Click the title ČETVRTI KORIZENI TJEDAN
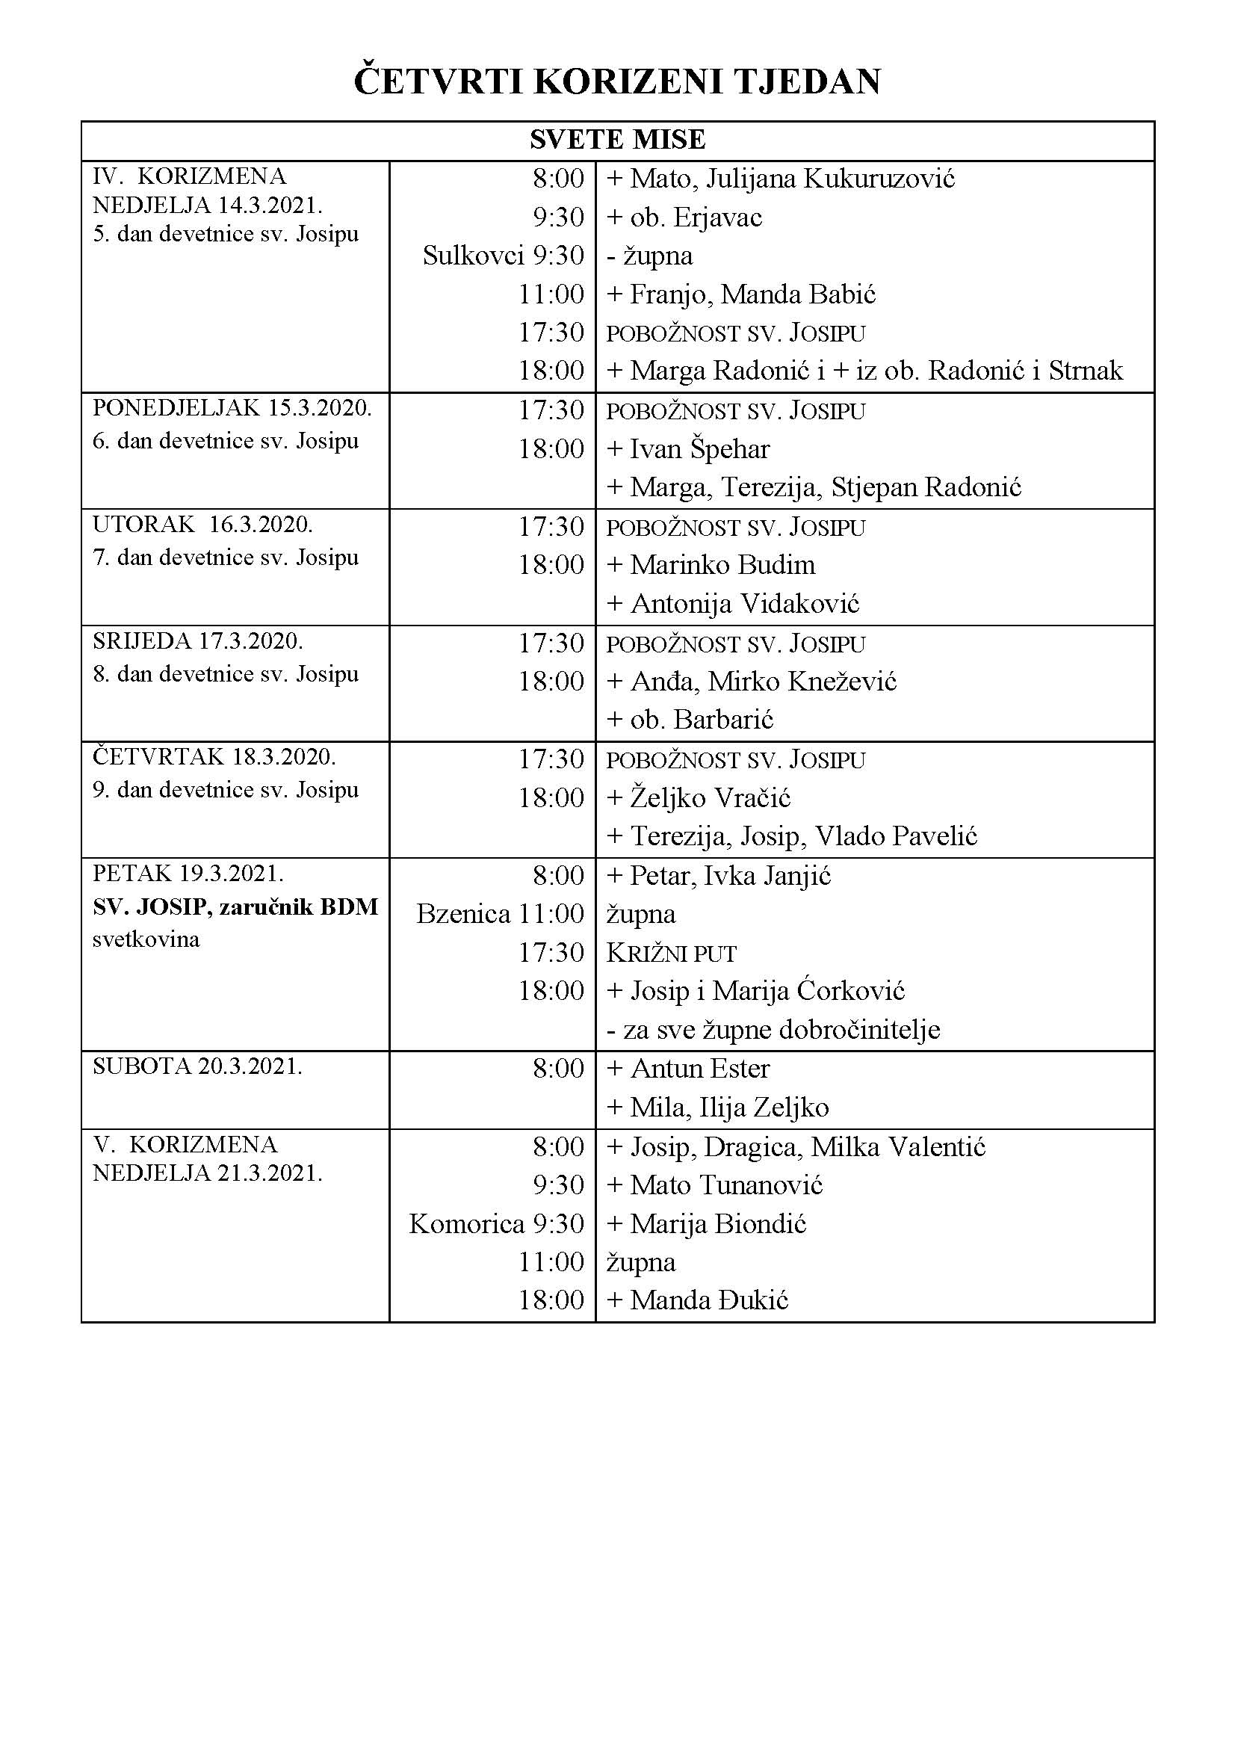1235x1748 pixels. click(x=617, y=82)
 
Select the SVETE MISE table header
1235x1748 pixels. click(x=617, y=140)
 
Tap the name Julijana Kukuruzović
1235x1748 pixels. click(x=830, y=179)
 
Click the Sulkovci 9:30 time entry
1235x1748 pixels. click(x=503, y=256)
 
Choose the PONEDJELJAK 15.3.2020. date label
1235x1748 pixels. click(x=232, y=409)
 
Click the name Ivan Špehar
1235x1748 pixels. click(x=699, y=449)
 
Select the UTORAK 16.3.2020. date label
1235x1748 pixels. click(x=202, y=525)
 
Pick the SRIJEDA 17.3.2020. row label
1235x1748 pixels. click(x=198, y=642)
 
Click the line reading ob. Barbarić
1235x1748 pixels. click(x=701, y=720)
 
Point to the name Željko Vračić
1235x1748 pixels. click(x=710, y=798)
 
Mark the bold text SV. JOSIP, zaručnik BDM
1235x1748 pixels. click(x=235, y=907)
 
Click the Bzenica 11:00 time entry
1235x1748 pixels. click(x=500, y=913)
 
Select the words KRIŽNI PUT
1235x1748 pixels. click(x=671, y=953)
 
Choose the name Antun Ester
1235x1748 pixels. click(x=699, y=1069)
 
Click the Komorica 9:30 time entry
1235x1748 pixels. click(x=496, y=1223)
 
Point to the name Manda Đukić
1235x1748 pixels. click(x=708, y=1300)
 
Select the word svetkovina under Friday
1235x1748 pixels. click(x=146, y=939)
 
